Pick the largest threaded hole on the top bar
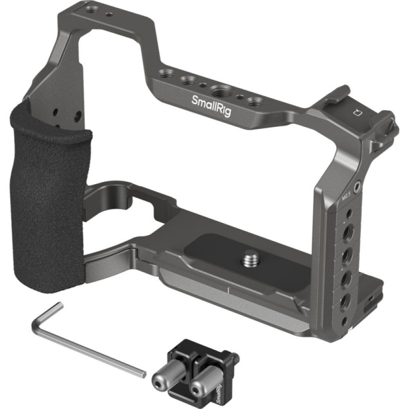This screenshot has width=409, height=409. pos(219,92)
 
